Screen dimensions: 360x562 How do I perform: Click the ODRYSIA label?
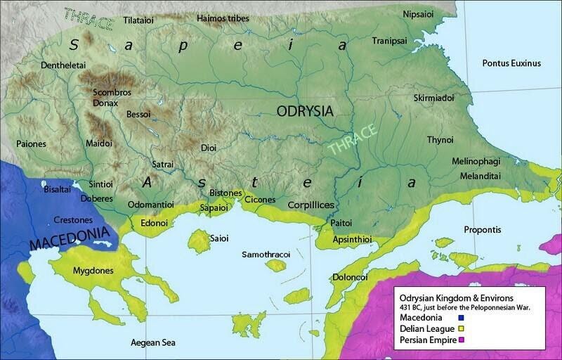click(304, 111)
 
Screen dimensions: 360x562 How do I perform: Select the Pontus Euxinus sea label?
click(511, 63)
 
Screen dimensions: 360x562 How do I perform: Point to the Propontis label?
click(482, 230)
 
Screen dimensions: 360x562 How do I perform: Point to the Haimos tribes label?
click(223, 18)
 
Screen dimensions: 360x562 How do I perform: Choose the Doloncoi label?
click(350, 277)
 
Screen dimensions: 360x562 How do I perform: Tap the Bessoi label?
click(138, 114)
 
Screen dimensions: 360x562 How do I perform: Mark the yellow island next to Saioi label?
click(198, 240)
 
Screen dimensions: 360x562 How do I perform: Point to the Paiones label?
click(32, 144)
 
